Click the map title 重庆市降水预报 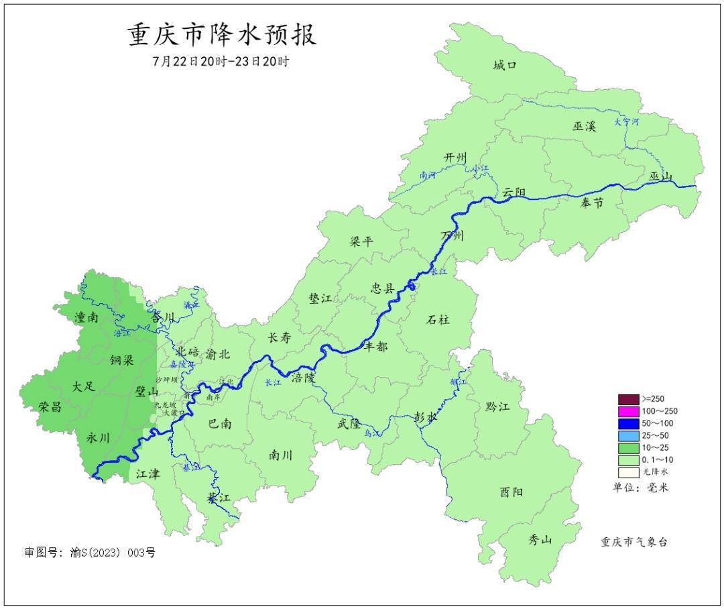tap(222, 35)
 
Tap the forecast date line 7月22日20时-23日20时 tap(221, 62)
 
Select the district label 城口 tap(505, 65)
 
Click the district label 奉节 tap(592, 202)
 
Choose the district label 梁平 tap(361, 242)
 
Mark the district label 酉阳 tap(511, 492)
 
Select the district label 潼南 tap(86, 318)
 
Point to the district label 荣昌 tap(51, 406)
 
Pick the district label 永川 tap(99, 437)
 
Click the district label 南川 tap(281, 455)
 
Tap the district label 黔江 tap(497, 407)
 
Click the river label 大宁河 tap(627, 122)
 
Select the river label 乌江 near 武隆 tap(372, 434)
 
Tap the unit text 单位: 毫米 tap(641, 488)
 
